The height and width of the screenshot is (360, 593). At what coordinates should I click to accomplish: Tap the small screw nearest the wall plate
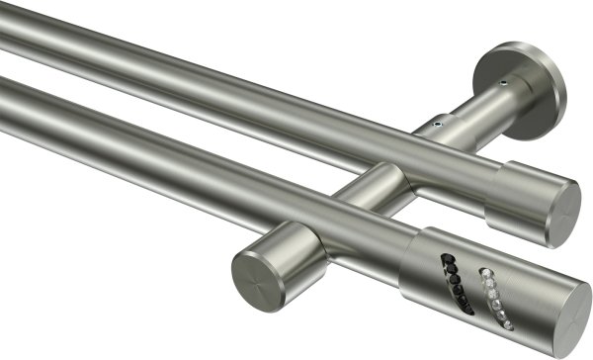pyautogui.click(x=505, y=82)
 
